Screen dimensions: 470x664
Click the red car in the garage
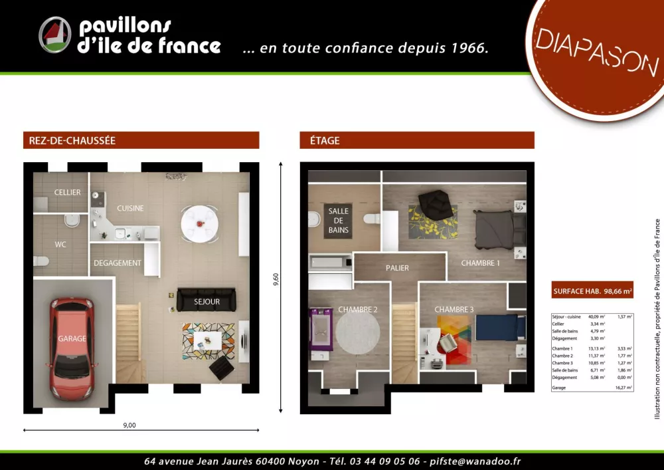click(72, 340)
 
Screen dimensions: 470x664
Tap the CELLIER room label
click(68, 193)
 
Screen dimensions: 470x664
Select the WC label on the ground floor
click(60, 245)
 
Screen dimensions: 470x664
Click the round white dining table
click(199, 222)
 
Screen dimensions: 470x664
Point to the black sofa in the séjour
click(207, 300)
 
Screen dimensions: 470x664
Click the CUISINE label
click(130, 208)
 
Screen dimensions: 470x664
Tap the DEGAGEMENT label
click(118, 263)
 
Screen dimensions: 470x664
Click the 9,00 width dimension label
click(129, 425)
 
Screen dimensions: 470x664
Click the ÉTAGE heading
click(325, 140)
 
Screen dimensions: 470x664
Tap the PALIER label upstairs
click(397, 268)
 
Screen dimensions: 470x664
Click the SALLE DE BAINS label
click(338, 221)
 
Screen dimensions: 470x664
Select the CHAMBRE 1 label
click(480, 263)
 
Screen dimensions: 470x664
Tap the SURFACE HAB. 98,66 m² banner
click(592, 291)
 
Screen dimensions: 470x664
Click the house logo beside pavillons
click(55, 35)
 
